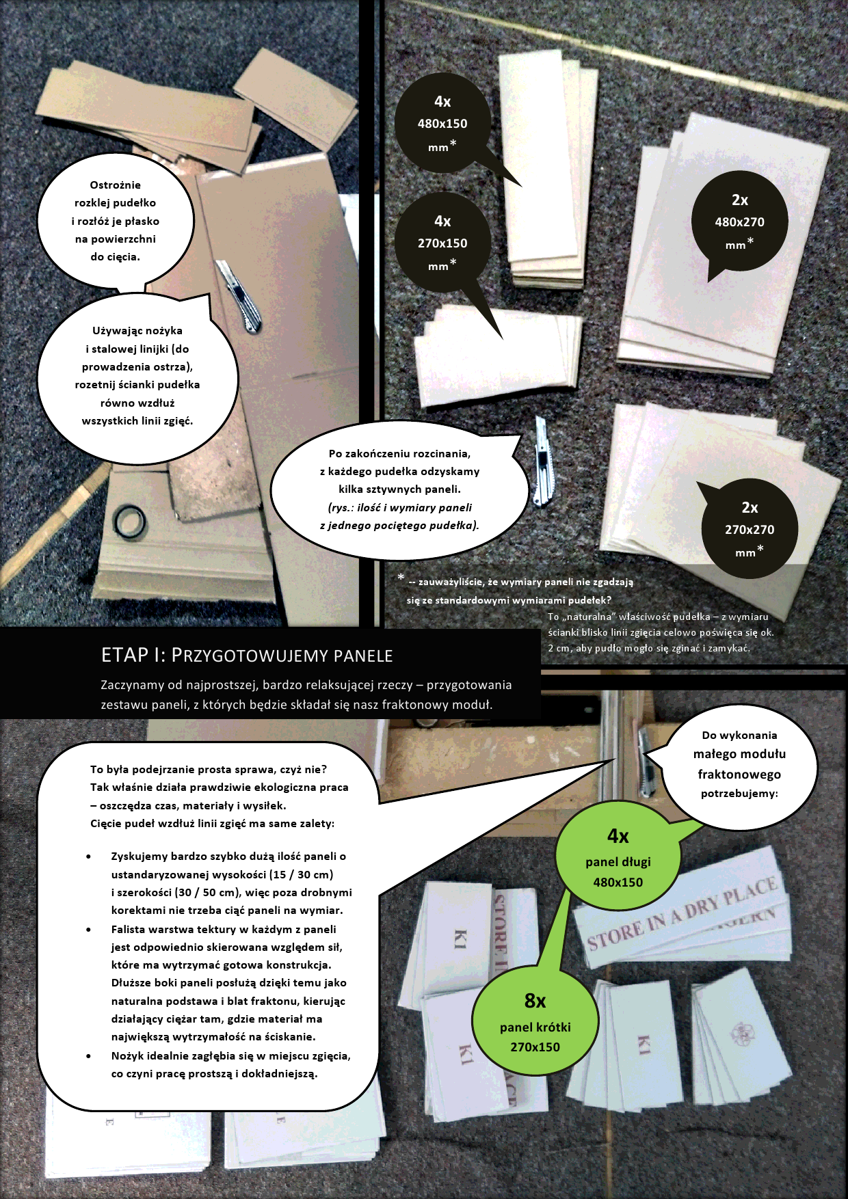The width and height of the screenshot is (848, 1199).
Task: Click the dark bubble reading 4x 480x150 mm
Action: tap(443, 123)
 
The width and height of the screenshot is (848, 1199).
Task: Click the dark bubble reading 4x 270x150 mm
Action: tap(443, 243)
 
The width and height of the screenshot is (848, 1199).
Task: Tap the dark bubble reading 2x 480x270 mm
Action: tap(740, 221)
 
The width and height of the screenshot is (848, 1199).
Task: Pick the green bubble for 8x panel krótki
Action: tap(535, 1022)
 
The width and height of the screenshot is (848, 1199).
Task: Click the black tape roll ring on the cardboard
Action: tap(129, 522)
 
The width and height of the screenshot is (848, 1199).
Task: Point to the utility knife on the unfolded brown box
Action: tap(239, 297)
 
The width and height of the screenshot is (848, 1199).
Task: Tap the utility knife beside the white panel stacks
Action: tap(542, 461)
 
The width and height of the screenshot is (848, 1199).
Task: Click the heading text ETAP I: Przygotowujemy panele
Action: tap(247, 655)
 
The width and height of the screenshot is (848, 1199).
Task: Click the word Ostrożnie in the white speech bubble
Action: tap(115, 185)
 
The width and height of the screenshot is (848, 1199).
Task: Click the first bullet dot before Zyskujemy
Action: tap(89, 856)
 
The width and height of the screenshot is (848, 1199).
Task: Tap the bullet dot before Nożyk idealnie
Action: tap(89, 1056)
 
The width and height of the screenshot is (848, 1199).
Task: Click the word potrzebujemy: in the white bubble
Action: tap(739, 794)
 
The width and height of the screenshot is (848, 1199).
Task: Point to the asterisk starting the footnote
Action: tap(401, 578)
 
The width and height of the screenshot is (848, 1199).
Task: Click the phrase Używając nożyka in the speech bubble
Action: tap(137, 331)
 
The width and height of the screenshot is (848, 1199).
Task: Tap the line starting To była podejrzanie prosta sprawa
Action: tap(209, 769)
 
